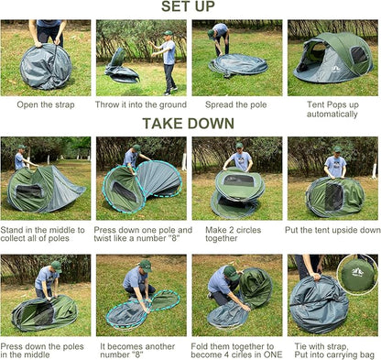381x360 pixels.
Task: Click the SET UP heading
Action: [188, 6]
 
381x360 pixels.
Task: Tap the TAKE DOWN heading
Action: [188, 124]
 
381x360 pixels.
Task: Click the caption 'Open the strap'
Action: [46, 105]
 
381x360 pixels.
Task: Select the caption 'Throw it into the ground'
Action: [141, 104]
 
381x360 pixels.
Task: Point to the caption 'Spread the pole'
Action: [236, 105]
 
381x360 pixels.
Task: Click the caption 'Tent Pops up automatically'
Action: [332, 109]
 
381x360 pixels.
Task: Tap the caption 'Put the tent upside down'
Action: [332, 230]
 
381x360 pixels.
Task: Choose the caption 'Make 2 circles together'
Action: [234, 234]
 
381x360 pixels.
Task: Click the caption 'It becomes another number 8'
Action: [137, 351]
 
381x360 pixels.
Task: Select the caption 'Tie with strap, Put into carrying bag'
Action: [334, 351]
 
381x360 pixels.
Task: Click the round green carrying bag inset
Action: [357, 275]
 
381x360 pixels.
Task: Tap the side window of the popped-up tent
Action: [359, 55]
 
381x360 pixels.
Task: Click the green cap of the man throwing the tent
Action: [168, 33]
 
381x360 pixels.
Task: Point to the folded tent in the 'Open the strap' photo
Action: [46, 67]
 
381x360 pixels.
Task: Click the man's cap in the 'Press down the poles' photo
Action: [57, 266]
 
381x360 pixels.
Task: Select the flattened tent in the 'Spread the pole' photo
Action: [238, 64]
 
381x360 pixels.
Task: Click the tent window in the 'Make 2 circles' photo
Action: [239, 180]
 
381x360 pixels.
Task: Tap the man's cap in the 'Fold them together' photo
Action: [231, 273]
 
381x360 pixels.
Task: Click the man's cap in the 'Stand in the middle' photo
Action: [22, 147]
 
